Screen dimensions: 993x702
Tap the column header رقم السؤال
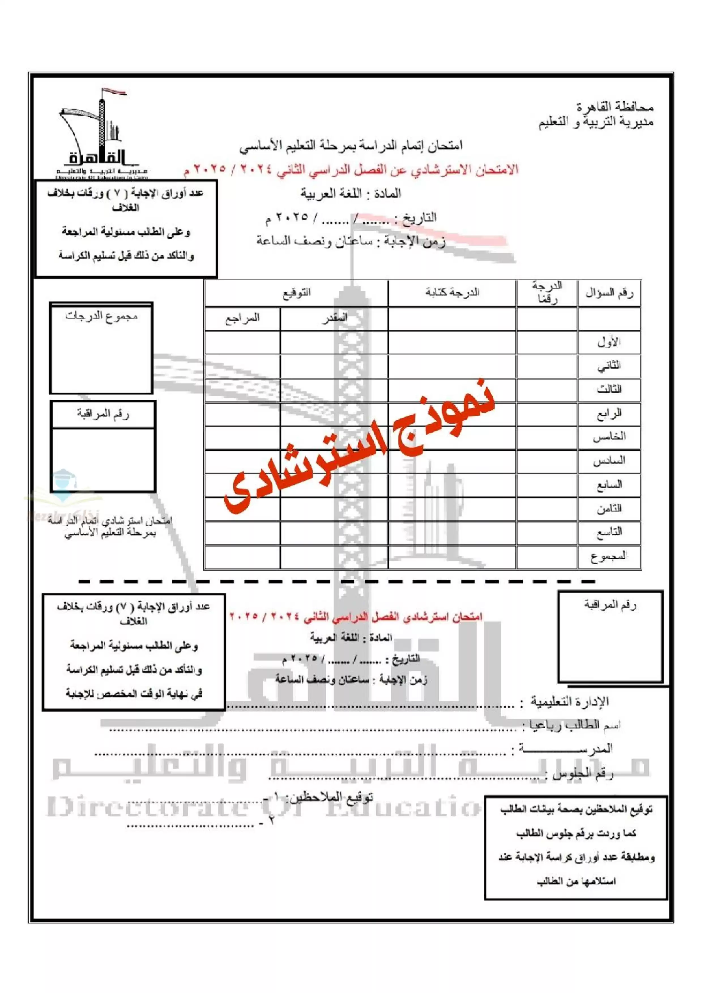(609, 293)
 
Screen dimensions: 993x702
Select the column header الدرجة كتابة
(452, 293)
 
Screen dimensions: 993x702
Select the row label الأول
(609, 343)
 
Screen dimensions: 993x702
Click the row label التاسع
(609, 532)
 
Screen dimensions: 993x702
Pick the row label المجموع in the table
(609, 556)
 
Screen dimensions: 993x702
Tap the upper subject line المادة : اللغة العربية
(351, 194)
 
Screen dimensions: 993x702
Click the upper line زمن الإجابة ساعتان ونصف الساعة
(351, 241)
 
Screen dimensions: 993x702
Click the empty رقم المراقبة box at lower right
(610, 645)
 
